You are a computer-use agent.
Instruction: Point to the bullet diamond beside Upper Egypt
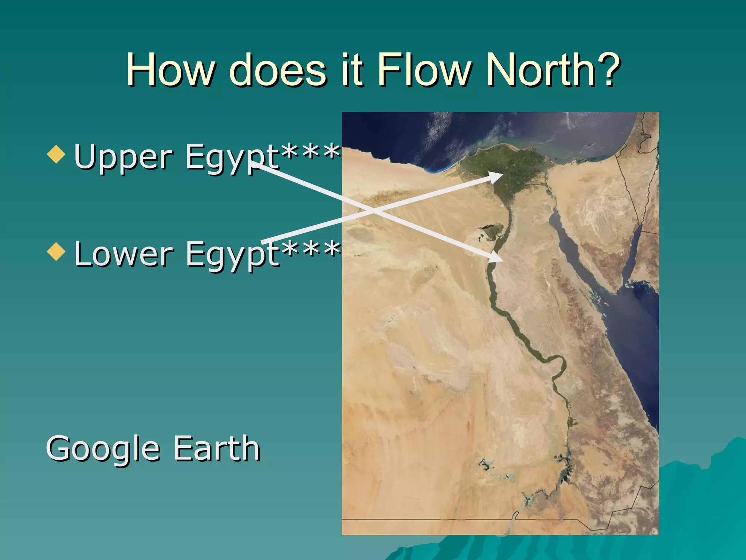(x=56, y=154)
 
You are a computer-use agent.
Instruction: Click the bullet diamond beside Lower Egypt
(x=56, y=252)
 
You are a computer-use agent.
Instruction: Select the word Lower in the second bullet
(x=124, y=254)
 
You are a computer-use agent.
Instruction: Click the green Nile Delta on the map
(x=506, y=164)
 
